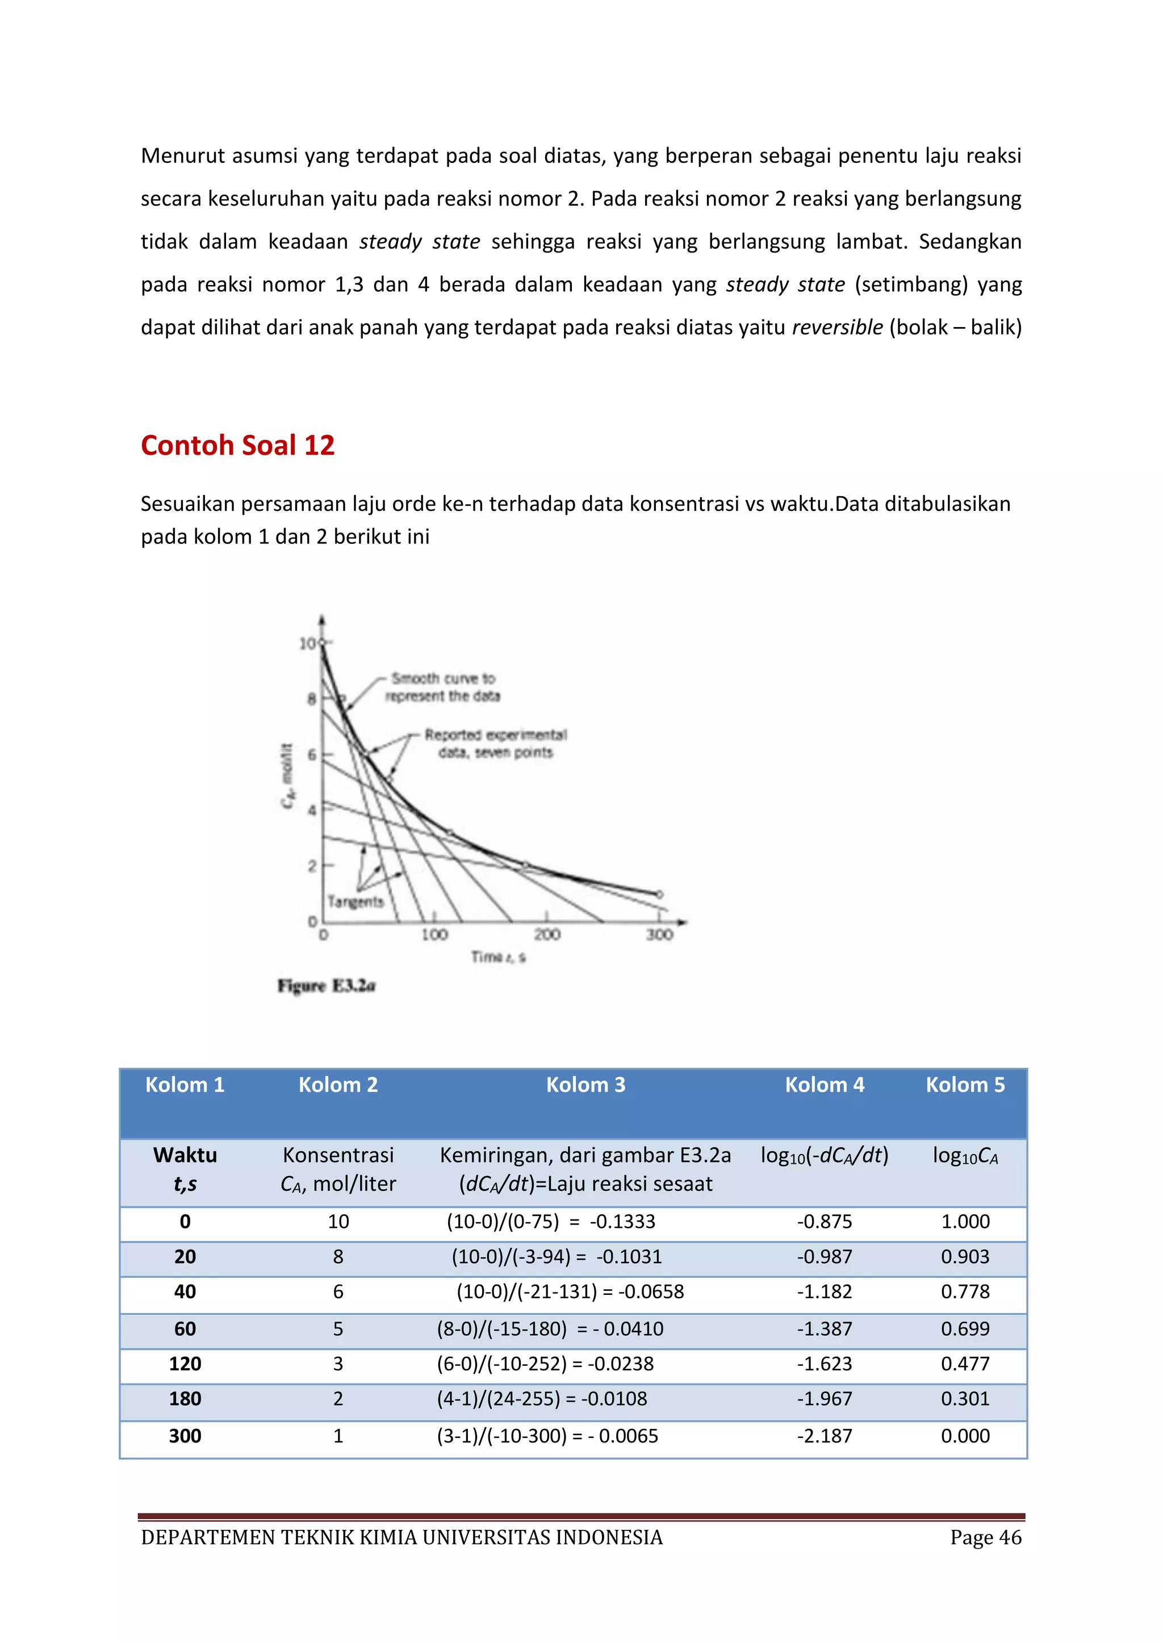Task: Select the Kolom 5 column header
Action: (x=965, y=1085)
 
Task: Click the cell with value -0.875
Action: (x=825, y=1222)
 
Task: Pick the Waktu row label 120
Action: (x=185, y=1364)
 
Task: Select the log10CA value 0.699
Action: (x=965, y=1329)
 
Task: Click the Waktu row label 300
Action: (x=185, y=1436)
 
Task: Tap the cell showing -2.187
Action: (x=825, y=1436)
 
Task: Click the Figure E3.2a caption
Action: (x=327, y=986)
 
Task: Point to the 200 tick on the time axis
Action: (x=547, y=934)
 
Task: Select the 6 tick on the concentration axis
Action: (x=312, y=754)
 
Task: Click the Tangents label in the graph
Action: (x=355, y=901)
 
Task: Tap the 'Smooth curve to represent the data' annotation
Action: (x=442, y=687)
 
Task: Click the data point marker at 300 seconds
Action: (x=659, y=894)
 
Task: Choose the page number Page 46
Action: (x=985, y=1537)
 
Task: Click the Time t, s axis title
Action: (x=499, y=957)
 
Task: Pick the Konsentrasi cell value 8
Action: (x=338, y=1257)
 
